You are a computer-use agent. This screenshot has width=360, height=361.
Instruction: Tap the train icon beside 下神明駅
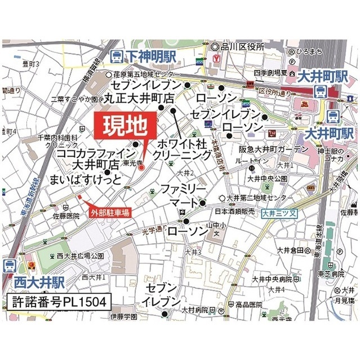tap(117, 56)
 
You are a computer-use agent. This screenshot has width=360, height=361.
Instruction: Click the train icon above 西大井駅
tap(10, 266)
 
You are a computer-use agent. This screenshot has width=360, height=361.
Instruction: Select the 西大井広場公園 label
tap(80, 257)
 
